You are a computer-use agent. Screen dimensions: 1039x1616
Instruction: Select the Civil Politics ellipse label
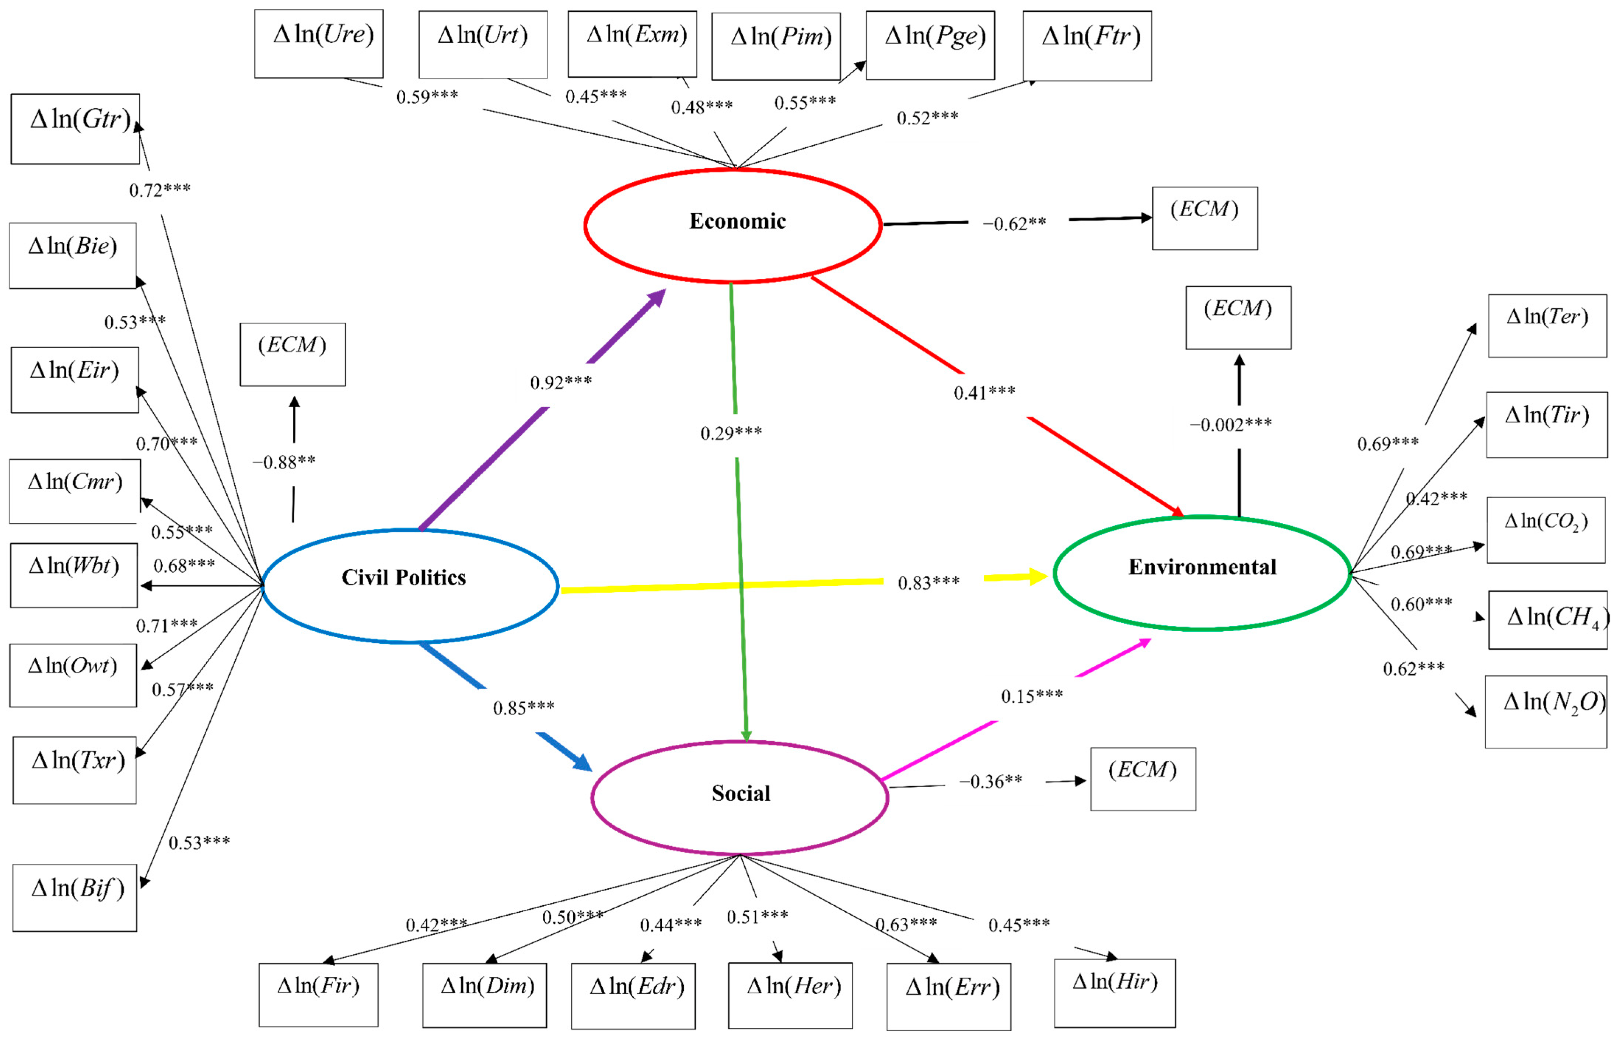(x=403, y=578)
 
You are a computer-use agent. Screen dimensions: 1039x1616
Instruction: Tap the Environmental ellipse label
(x=1202, y=568)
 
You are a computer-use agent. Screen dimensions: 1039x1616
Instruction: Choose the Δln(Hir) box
(x=1114, y=993)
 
